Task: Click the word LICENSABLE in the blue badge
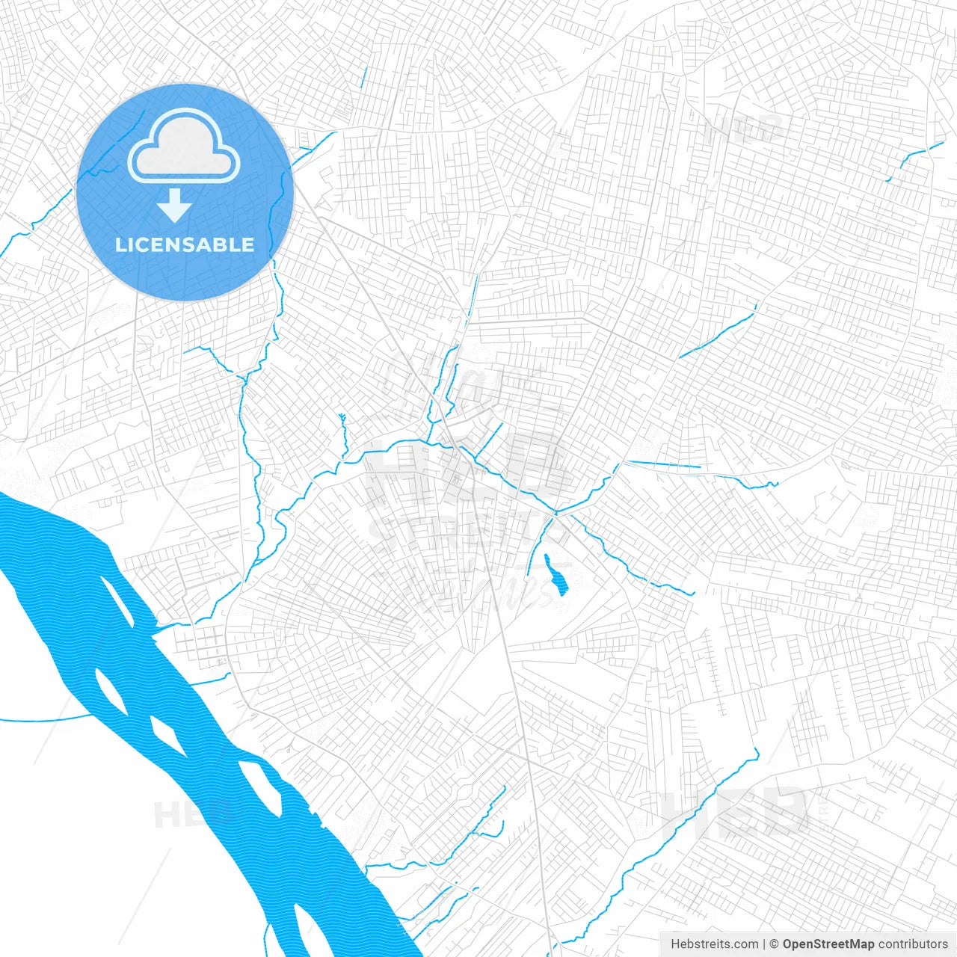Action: point(185,244)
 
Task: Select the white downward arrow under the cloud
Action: point(174,206)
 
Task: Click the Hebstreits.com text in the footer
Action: point(714,944)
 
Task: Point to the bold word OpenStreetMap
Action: point(828,944)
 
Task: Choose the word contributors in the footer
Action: point(913,944)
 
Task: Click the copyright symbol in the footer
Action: point(774,944)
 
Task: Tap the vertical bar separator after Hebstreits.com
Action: point(764,944)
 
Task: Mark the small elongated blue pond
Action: point(556,575)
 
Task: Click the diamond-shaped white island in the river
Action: point(168,736)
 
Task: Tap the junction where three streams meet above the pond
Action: point(556,513)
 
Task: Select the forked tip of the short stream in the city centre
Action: point(342,416)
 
